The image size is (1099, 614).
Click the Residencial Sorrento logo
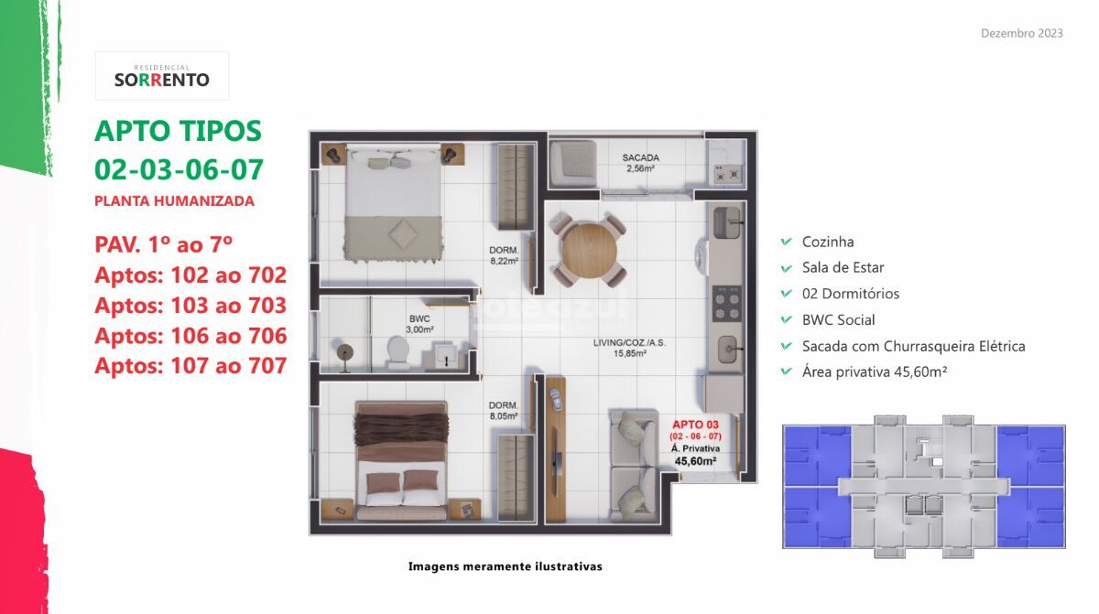tap(162, 76)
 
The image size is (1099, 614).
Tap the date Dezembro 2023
tap(1021, 33)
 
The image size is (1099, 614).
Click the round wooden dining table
tap(589, 251)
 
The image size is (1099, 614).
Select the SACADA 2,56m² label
tap(640, 163)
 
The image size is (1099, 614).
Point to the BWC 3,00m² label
tap(419, 325)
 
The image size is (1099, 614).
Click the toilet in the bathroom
tap(397, 351)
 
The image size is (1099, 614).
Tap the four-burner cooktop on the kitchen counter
tap(726, 303)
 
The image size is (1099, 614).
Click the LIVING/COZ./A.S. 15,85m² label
tap(629, 348)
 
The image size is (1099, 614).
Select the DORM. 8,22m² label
tap(504, 255)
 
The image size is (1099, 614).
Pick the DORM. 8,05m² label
tap(504, 411)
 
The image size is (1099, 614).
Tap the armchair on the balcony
tap(572, 163)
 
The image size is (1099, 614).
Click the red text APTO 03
tap(695, 425)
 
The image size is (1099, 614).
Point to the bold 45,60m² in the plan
tap(695, 461)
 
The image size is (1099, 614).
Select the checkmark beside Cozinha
tap(786, 242)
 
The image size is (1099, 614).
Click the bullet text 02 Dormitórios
tap(850, 294)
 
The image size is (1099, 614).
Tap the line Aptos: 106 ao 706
tap(190, 336)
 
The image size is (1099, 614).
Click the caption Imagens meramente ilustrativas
tap(505, 566)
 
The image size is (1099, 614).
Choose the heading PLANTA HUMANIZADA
tap(174, 201)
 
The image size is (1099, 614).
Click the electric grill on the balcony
tap(726, 174)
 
